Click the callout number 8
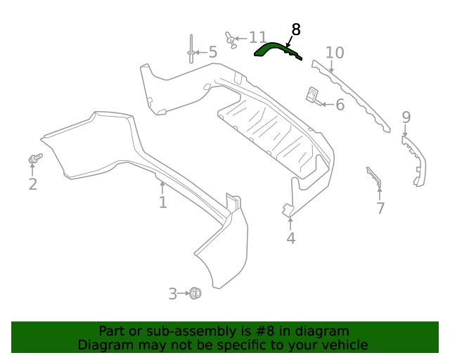(x=295, y=30)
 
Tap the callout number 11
(x=257, y=37)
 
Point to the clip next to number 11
(x=230, y=39)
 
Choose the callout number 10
(x=335, y=53)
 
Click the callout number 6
(x=340, y=105)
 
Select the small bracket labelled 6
(x=312, y=96)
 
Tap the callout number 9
(x=406, y=117)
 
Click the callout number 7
(x=380, y=208)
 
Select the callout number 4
(x=290, y=239)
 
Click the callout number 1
(x=162, y=202)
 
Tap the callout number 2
(x=32, y=185)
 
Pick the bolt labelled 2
(x=33, y=159)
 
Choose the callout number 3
(x=173, y=294)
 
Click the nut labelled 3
(x=195, y=293)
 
